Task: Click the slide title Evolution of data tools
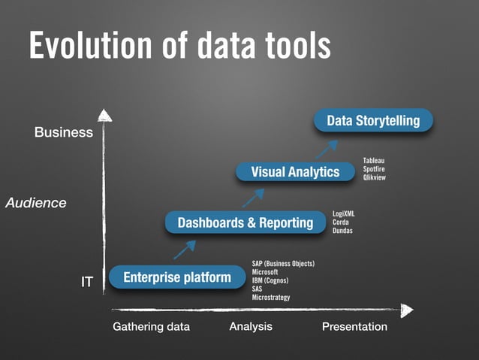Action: click(x=179, y=46)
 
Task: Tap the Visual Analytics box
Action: click(x=295, y=172)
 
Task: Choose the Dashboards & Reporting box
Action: click(x=246, y=222)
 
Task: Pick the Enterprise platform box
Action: click(x=177, y=277)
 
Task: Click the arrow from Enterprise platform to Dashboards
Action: click(x=185, y=249)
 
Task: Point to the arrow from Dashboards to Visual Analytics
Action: click(x=253, y=197)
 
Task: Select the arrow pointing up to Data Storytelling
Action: click(x=327, y=147)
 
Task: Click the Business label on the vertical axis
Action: click(x=64, y=133)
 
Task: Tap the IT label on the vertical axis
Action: click(x=87, y=282)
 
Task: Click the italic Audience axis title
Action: click(x=36, y=203)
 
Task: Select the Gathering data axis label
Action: click(x=151, y=327)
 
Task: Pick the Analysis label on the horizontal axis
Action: click(x=251, y=326)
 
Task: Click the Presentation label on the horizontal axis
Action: click(x=354, y=327)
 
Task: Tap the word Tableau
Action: click(x=373, y=161)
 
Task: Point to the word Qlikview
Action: click(x=375, y=178)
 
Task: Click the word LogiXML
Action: click(x=344, y=214)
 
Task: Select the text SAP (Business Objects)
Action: click(x=283, y=264)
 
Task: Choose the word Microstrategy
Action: click(x=271, y=298)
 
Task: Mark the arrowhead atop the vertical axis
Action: click(x=104, y=115)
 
